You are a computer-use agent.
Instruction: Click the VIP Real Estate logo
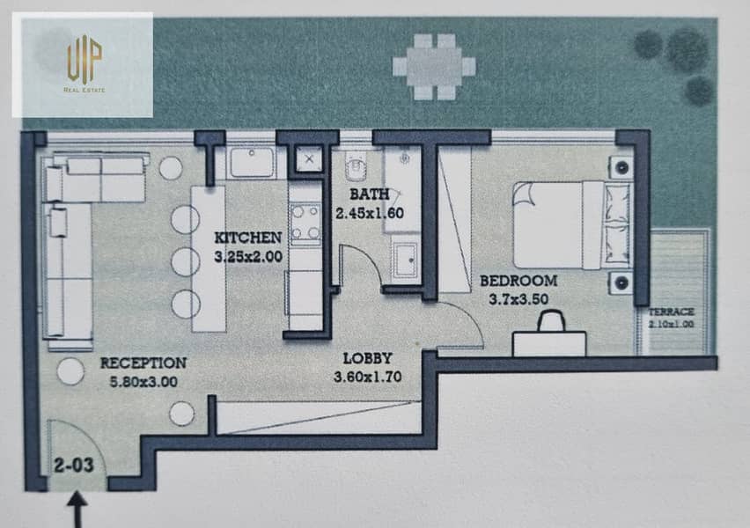(85, 63)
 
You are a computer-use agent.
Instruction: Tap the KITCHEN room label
(247, 238)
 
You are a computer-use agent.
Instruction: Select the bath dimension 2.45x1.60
(369, 213)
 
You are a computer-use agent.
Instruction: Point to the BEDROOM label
(518, 281)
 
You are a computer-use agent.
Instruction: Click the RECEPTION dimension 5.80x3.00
(143, 382)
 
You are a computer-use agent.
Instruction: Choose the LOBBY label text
(367, 358)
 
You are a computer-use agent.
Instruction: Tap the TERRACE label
(671, 312)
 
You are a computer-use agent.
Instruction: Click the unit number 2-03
(74, 466)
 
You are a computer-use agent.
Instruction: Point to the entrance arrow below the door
(77, 510)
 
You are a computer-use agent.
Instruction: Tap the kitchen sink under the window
(252, 162)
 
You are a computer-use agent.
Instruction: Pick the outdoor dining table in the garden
(434, 67)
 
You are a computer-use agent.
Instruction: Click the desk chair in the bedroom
(552, 321)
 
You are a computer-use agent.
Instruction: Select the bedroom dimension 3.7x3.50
(518, 299)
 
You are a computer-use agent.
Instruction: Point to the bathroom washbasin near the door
(405, 260)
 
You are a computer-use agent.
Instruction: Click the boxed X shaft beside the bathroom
(309, 158)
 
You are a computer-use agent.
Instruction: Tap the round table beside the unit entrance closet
(182, 414)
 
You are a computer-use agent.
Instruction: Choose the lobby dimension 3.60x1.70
(367, 377)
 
